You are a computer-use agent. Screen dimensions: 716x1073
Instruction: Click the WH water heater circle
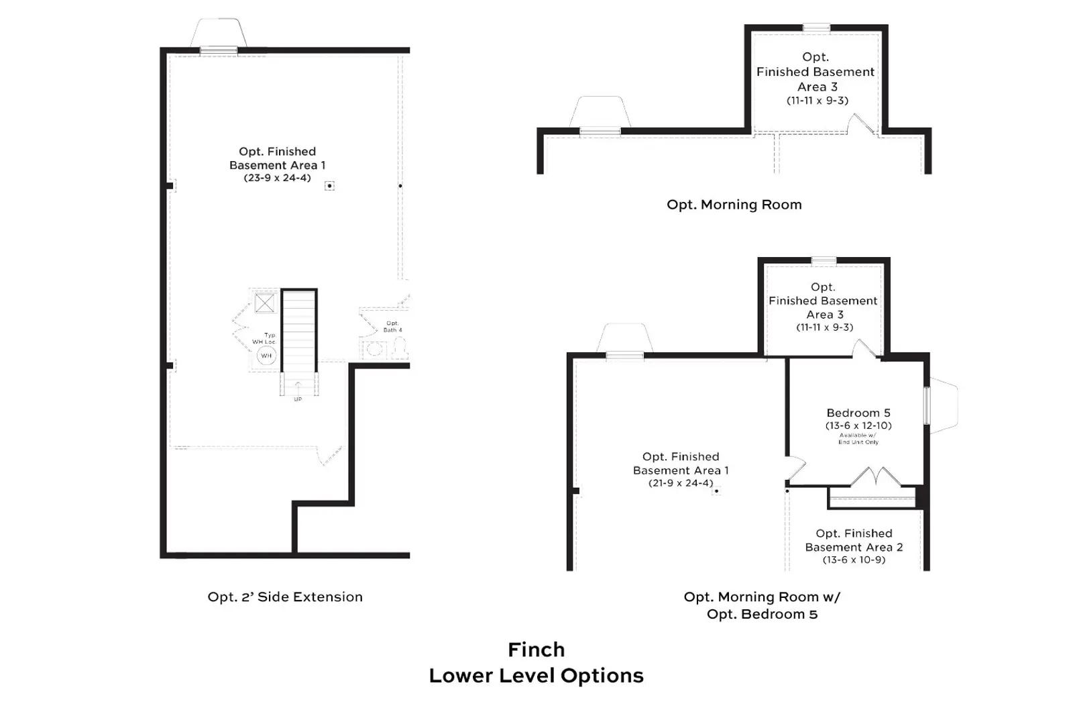266,356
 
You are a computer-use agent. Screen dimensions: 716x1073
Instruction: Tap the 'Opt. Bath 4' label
392,327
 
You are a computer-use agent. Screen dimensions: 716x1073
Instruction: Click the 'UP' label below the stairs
298,399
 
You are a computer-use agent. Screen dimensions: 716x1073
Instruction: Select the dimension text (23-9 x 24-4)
277,178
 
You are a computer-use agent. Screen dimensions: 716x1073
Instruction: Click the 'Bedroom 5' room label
858,413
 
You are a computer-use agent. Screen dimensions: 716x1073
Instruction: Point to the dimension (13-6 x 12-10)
858,425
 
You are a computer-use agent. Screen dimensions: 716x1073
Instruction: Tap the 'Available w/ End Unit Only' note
858,439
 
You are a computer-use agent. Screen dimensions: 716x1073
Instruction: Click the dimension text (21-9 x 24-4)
681,483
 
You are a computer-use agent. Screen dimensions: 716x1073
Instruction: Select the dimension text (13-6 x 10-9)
854,560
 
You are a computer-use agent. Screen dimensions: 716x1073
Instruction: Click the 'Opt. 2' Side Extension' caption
285,597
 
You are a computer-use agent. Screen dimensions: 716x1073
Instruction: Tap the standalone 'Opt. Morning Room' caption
734,205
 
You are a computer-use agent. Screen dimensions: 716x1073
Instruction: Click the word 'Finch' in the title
536,650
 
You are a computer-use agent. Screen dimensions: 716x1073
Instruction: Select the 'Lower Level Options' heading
536,675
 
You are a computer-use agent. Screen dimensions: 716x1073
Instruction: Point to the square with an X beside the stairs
265,303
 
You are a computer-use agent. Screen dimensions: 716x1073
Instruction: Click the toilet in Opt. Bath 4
400,348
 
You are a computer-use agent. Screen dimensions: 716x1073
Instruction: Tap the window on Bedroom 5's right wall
928,405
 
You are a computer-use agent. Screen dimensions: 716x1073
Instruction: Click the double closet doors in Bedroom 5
875,477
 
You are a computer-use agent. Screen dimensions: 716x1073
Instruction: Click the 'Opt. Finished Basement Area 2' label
854,540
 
